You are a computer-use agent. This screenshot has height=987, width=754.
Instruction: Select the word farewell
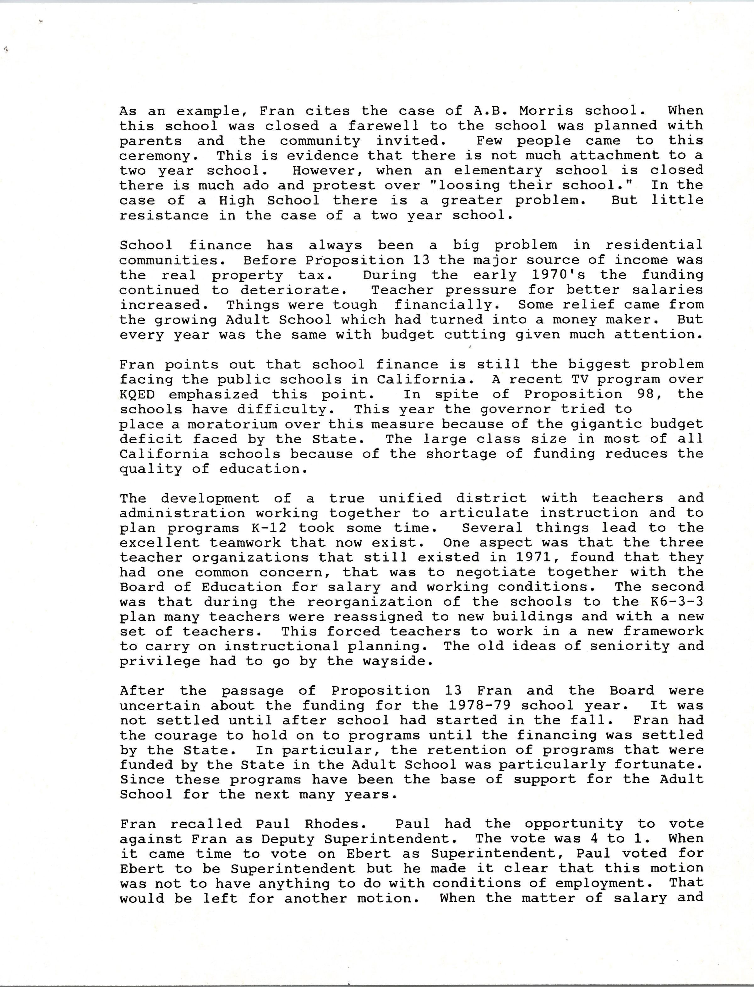pos(384,126)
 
